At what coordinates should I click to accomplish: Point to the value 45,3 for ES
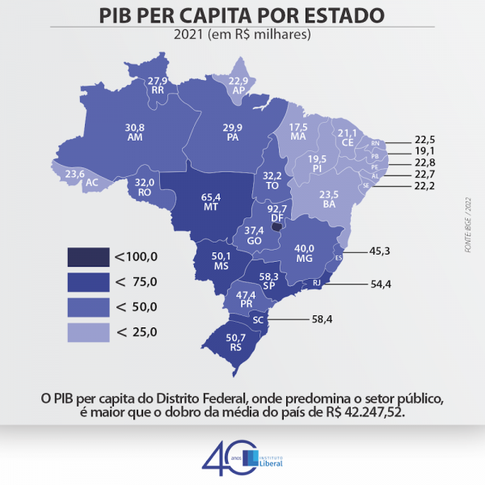379,251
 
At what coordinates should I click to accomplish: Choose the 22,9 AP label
238,86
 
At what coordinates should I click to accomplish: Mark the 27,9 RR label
158,85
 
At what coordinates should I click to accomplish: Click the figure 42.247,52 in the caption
369,412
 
